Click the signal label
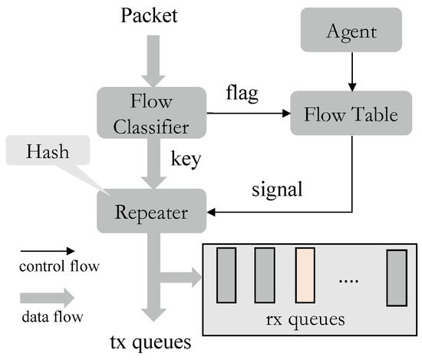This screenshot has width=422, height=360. click(276, 187)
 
